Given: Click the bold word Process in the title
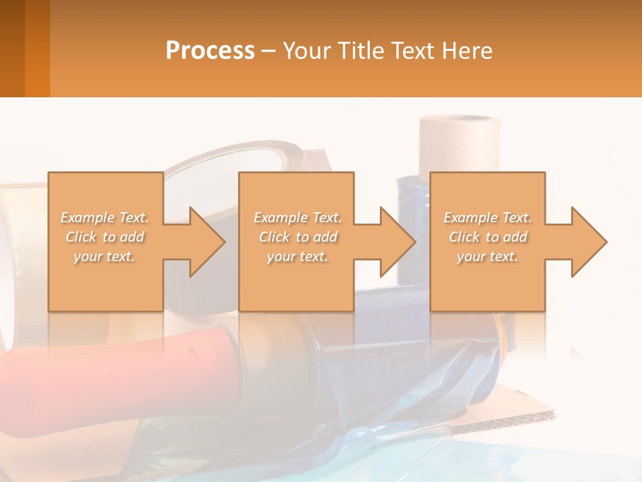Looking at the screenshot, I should click(210, 50).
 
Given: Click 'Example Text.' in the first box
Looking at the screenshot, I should click(105, 218).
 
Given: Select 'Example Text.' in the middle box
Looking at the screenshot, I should click(298, 218).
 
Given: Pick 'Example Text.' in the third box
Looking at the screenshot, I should click(488, 218).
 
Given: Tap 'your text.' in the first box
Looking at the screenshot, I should click(105, 256).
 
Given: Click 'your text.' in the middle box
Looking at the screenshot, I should click(298, 256).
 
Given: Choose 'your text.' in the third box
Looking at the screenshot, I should click(488, 256).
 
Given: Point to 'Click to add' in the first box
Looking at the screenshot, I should click(105, 237).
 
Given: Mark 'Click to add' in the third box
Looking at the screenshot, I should click(488, 237).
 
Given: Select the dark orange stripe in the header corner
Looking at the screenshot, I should click(37, 48).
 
